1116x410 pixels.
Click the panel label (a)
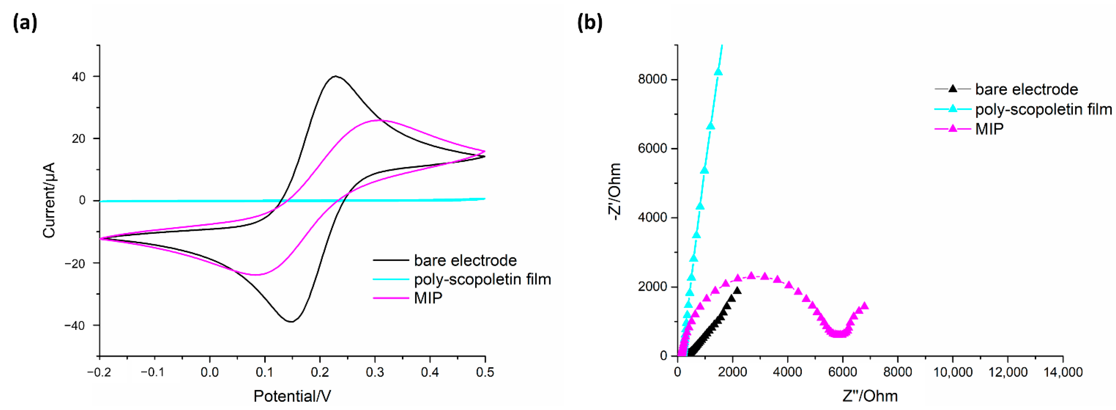click(25, 23)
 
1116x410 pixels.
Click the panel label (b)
click(590, 23)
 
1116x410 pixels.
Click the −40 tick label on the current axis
click(75, 326)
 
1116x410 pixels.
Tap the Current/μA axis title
click(49, 200)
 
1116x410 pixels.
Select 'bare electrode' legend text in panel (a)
click(465, 261)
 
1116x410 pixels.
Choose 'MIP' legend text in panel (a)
click(428, 298)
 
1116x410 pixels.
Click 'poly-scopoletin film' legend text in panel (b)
click(1043, 109)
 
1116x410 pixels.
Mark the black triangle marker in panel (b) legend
click(952, 89)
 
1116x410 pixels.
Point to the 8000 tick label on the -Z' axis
click(652, 79)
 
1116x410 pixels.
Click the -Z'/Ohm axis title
click(614, 192)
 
